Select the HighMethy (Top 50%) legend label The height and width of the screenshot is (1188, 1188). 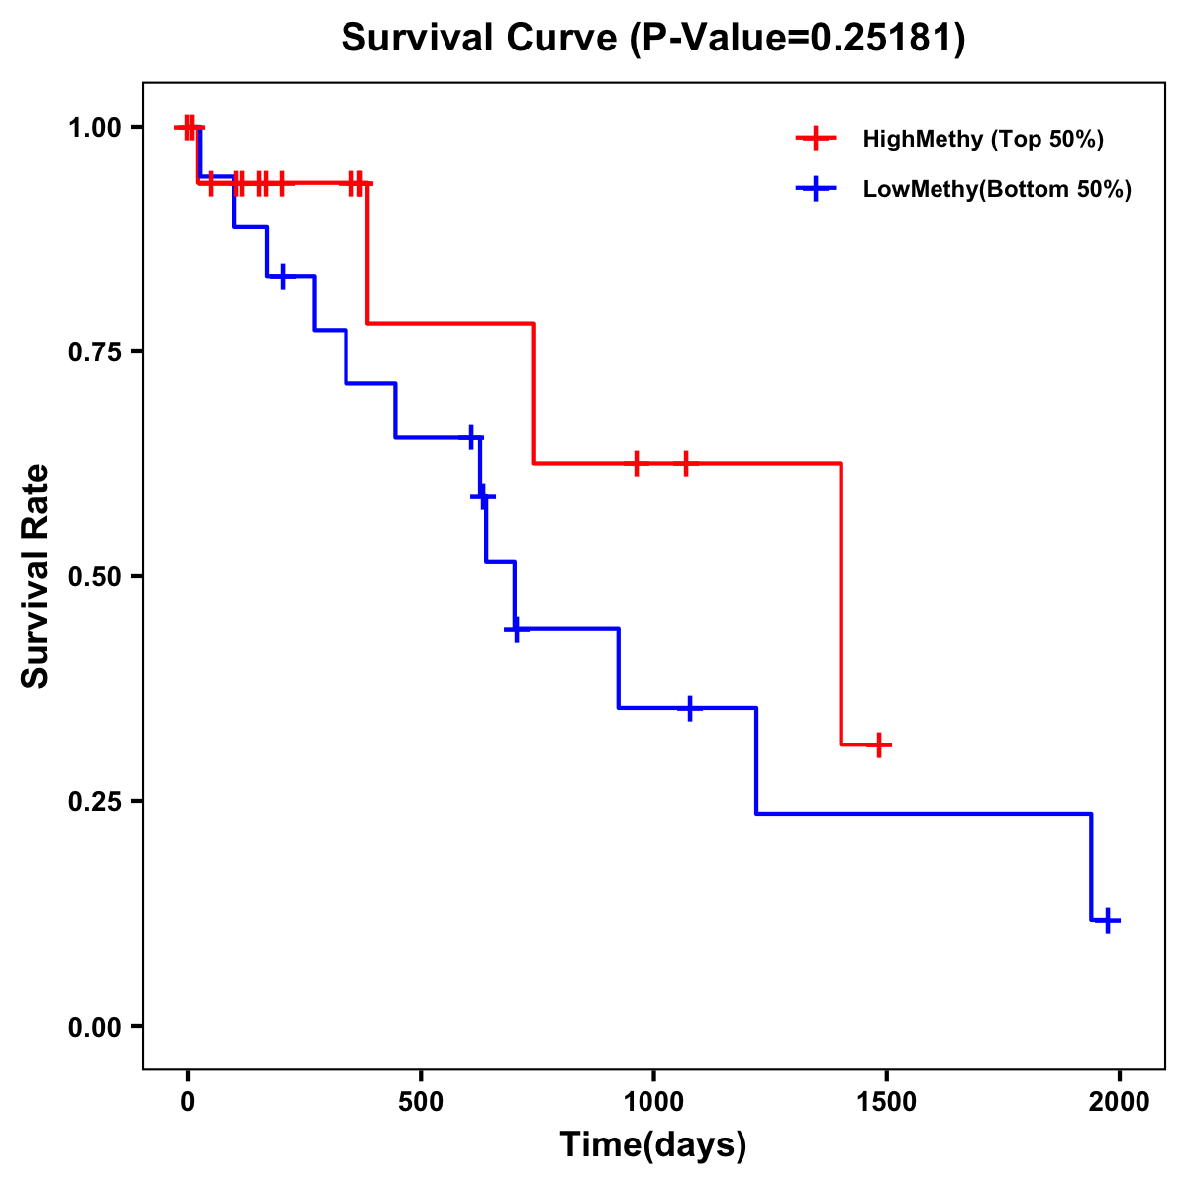pyautogui.click(x=982, y=139)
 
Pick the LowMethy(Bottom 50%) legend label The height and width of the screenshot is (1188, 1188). pyautogui.click(x=997, y=190)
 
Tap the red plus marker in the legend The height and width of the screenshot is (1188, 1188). pyautogui.click(x=815, y=139)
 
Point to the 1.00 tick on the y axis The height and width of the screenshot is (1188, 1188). pyautogui.click(x=94, y=127)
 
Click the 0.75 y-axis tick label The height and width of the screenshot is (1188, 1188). pyautogui.click(x=94, y=351)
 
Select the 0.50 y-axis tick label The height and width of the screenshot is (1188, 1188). pyautogui.click(x=94, y=576)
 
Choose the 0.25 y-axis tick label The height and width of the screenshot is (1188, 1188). pyautogui.click(x=94, y=801)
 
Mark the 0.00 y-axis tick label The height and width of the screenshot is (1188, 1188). pyautogui.click(x=94, y=1027)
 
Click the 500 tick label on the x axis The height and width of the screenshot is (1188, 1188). pyautogui.click(x=421, y=1102)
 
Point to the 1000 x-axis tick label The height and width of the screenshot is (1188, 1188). pyautogui.click(x=653, y=1102)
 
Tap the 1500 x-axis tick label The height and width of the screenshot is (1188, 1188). pyautogui.click(x=886, y=1102)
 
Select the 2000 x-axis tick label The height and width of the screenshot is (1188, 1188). pyautogui.click(x=1120, y=1102)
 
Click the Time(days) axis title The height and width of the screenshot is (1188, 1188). pyautogui.click(x=653, y=1145)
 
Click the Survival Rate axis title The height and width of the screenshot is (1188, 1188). pyautogui.click(x=36, y=576)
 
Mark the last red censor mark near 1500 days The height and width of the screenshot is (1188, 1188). pyautogui.click(x=878, y=744)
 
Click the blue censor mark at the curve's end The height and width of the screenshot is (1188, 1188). pyautogui.click(x=1109, y=920)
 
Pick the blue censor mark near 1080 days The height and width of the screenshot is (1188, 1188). pyautogui.click(x=690, y=708)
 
